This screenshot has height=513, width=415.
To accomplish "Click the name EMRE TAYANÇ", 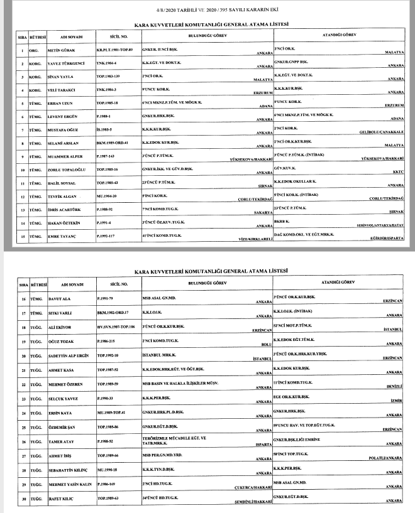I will click(x=61, y=237).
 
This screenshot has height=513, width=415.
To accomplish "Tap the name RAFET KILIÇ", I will click(x=60, y=499).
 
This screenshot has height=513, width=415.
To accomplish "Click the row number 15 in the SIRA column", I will click(x=23, y=237).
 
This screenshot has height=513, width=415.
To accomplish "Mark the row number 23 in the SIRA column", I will click(x=23, y=399).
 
